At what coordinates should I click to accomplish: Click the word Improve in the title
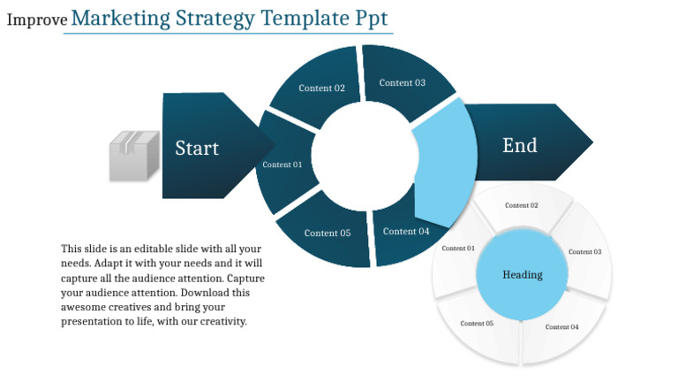point(36,19)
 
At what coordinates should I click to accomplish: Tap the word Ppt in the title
point(371,19)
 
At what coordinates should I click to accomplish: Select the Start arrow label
point(197,148)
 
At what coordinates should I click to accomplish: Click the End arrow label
point(519,145)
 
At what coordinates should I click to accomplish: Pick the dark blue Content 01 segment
point(282,165)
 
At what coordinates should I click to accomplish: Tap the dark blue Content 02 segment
point(321,88)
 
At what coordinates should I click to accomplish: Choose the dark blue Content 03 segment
point(403,82)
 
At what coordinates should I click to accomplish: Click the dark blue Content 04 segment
point(405,232)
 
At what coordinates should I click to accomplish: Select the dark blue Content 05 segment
point(328,233)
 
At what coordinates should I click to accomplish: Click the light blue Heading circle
point(523,274)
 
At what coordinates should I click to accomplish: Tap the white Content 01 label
point(458,249)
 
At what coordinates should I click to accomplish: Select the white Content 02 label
point(522,205)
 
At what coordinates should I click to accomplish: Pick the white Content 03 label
point(584,252)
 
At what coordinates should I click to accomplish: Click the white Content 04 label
point(562,327)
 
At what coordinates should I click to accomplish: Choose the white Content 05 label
point(477,324)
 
